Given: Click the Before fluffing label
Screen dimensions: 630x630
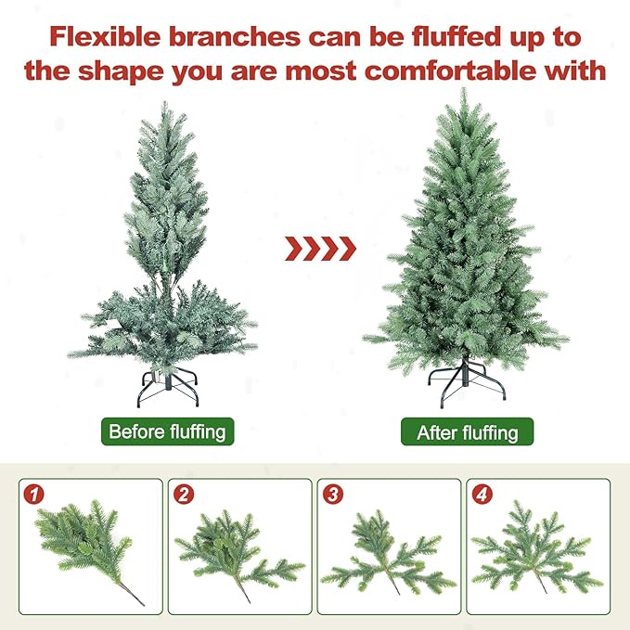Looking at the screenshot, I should tap(167, 431).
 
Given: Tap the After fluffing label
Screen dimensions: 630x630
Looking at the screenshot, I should tap(468, 432).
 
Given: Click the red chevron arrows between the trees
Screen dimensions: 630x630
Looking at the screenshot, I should tap(319, 248).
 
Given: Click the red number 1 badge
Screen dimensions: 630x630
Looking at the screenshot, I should tap(35, 495).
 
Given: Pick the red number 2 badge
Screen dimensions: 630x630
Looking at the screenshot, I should tap(184, 495).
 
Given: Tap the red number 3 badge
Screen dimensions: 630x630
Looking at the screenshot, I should tap(333, 495).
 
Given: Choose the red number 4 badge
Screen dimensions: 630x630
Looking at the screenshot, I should tap(482, 495).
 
